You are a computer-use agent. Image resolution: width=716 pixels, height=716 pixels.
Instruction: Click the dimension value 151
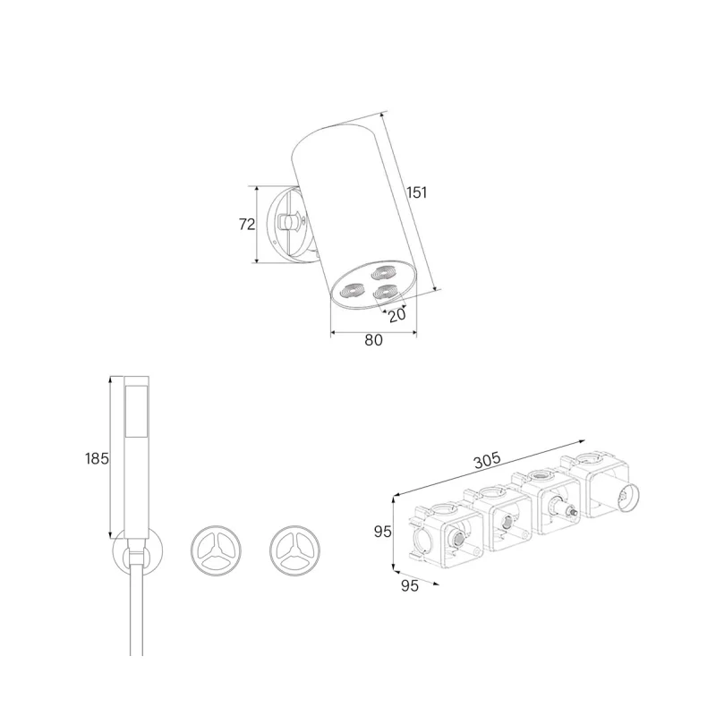point(417,192)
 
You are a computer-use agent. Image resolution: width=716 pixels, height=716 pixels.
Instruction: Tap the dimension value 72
point(247,225)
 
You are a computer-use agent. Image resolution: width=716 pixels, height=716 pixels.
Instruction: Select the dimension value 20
point(396,315)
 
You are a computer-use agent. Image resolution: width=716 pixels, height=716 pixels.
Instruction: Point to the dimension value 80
point(373,340)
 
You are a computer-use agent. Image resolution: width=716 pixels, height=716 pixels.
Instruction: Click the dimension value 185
point(97,458)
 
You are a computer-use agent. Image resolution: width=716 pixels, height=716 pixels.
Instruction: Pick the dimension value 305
point(487,460)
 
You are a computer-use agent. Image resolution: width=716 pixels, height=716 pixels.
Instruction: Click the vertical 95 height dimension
point(383,532)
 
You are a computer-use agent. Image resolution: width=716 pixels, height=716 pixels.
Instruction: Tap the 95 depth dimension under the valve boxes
point(410,585)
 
